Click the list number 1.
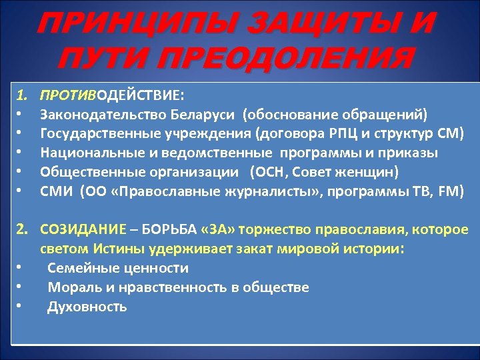coord(21,95)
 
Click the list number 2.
coord(22,230)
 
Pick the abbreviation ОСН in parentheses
coord(268,173)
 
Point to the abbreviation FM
coord(449,192)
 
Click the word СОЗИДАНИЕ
coord(83,230)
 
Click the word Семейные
coord(77,269)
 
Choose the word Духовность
coord(87,307)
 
